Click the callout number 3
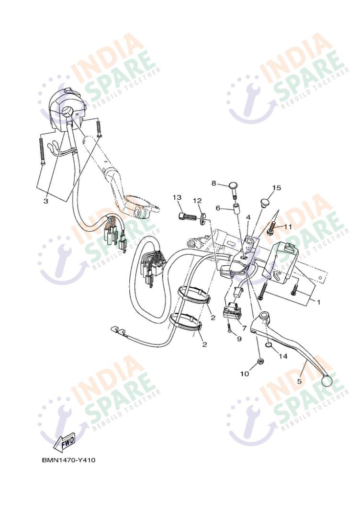(45, 201)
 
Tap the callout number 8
(214, 183)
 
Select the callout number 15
(277, 188)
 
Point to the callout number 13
(177, 197)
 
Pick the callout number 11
(288, 226)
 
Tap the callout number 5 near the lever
(299, 381)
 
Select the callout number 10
(244, 374)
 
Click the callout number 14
(283, 356)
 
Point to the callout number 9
(239, 339)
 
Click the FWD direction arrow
(65, 443)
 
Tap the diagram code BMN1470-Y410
(68, 460)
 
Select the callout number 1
(319, 302)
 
